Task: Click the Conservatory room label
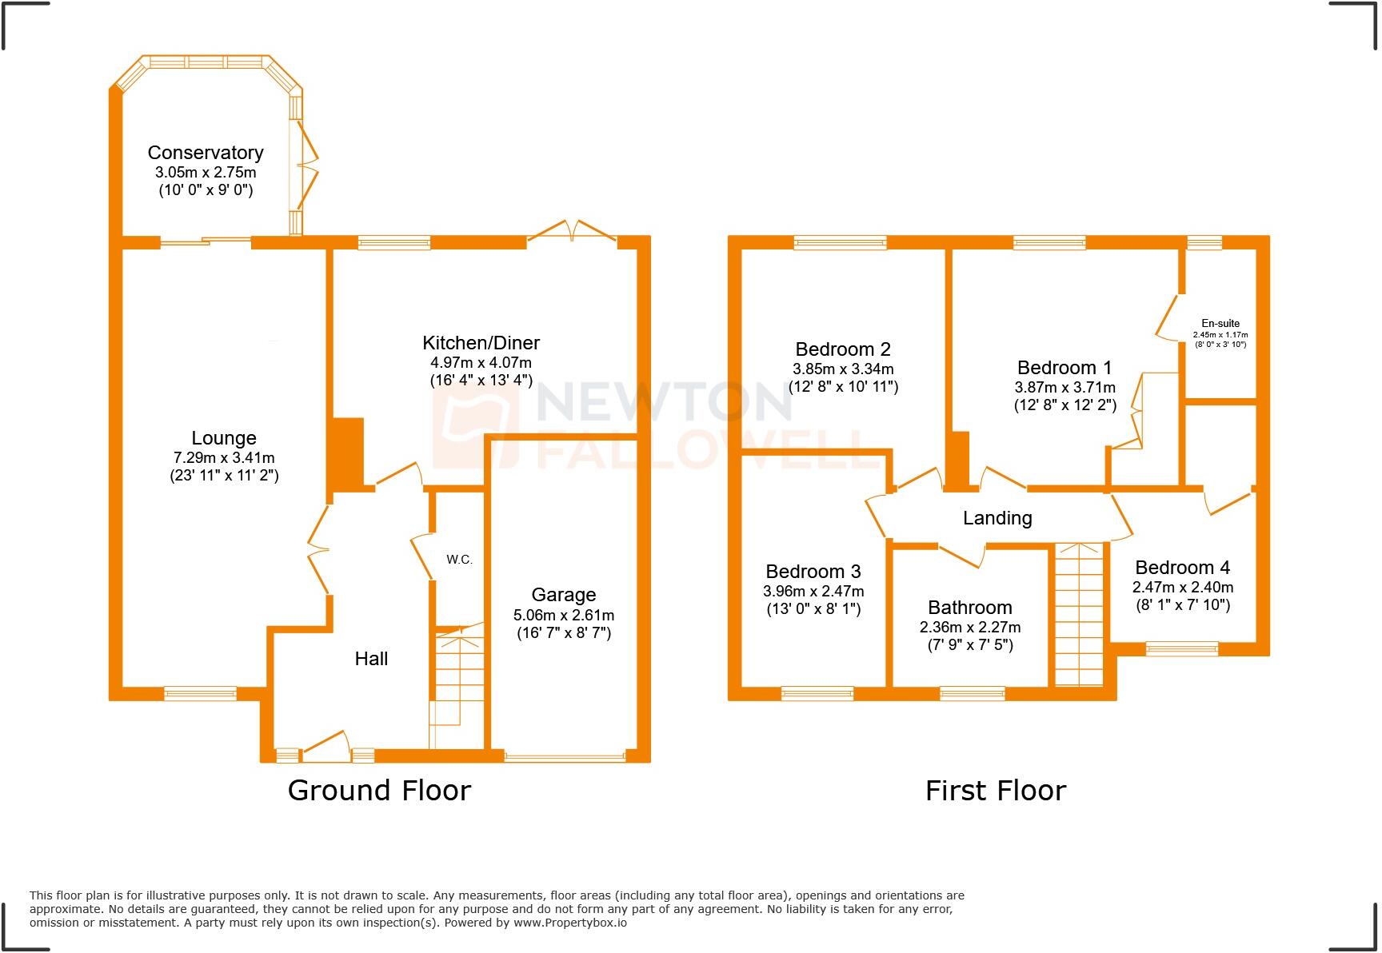pyautogui.click(x=206, y=153)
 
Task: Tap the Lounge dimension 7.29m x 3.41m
pyautogui.click(x=224, y=458)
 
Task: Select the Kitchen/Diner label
pyautogui.click(x=481, y=343)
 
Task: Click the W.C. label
pyautogui.click(x=459, y=560)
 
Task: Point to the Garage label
pyautogui.click(x=563, y=595)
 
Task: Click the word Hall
pyautogui.click(x=371, y=659)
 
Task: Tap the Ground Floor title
pyautogui.click(x=379, y=791)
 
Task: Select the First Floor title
pyautogui.click(x=995, y=791)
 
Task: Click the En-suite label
pyautogui.click(x=1220, y=324)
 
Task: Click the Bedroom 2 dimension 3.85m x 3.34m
pyautogui.click(x=843, y=369)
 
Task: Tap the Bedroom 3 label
pyautogui.click(x=813, y=572)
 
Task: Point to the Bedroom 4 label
pyautogui.click(x=1182, y=568)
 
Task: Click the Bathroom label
pyautogui.click(x=969, y=608)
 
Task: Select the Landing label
pyautogui.click(x=997, y=518)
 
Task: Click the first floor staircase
pyautogui.click(x=1078, y=616)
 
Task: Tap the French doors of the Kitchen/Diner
pyautogui.click(x=572, y=231)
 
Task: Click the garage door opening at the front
pyautogui.click(x=565, y=756)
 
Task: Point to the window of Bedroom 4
pyautogui.click(x=1181, y=648)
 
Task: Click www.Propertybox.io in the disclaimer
pyautogui.click(x=569, y=923)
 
